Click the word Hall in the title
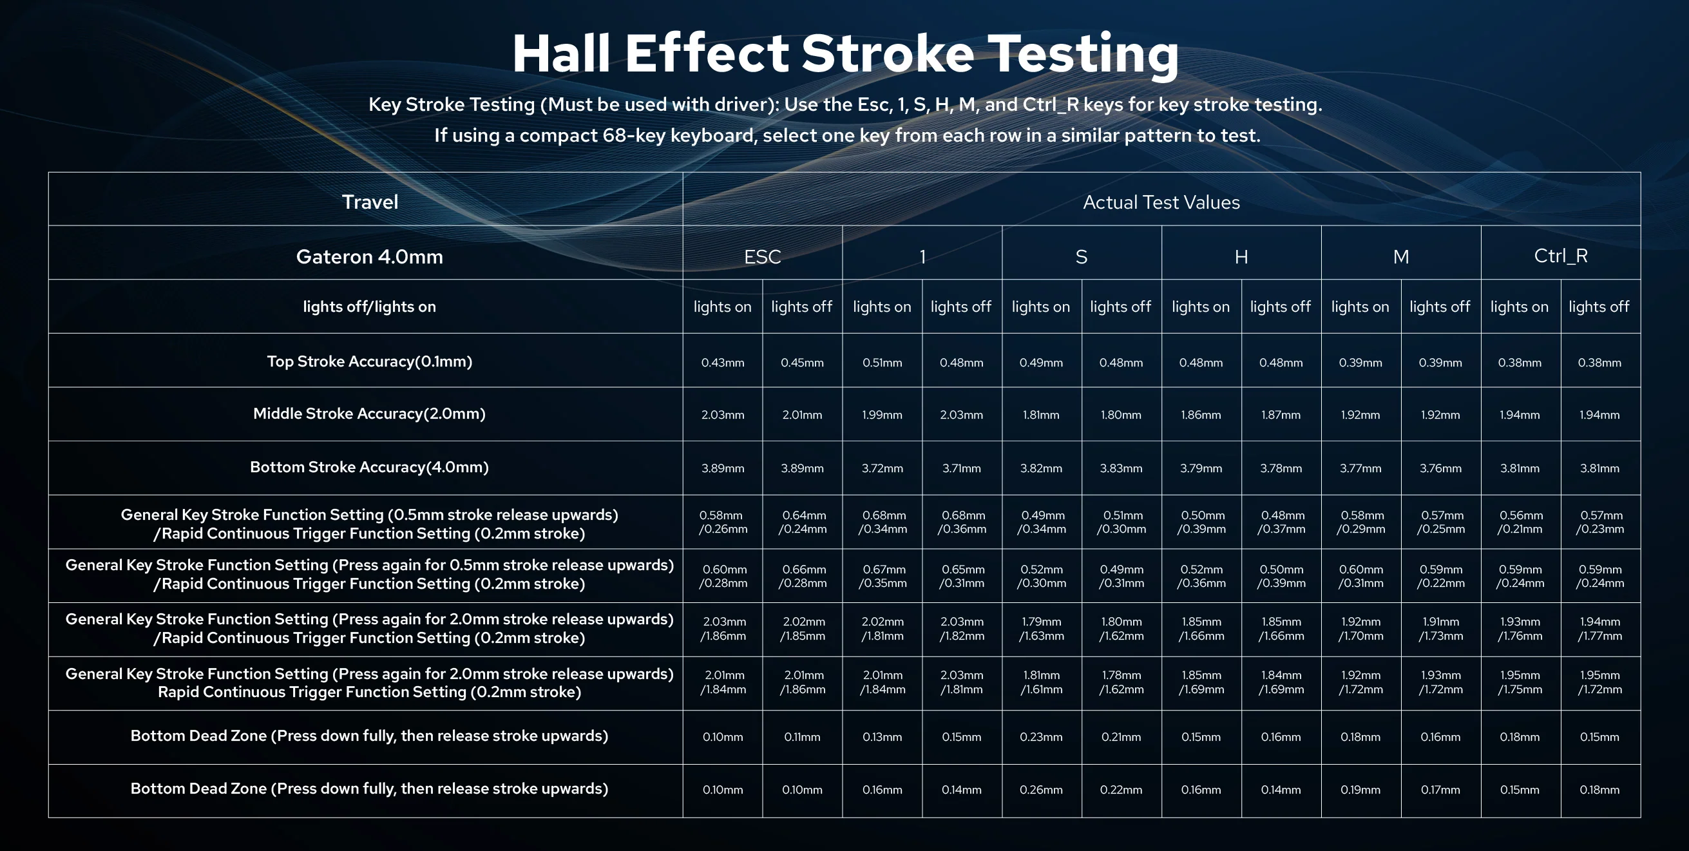561,53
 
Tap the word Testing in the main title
1083,55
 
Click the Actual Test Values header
1161,202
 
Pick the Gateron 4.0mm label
370,256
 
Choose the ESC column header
763,256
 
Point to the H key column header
1241,256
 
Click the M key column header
1401,256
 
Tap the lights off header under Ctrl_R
1599,307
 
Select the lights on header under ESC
723,307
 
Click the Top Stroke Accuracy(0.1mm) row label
370,361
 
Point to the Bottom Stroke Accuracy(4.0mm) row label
370,467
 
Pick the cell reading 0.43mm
723,363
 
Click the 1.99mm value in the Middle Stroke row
883,415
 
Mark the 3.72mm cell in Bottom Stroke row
883,468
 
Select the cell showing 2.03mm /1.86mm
723,629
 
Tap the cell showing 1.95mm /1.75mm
1520,682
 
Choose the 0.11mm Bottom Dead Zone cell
803,737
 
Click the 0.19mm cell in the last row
1360,790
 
